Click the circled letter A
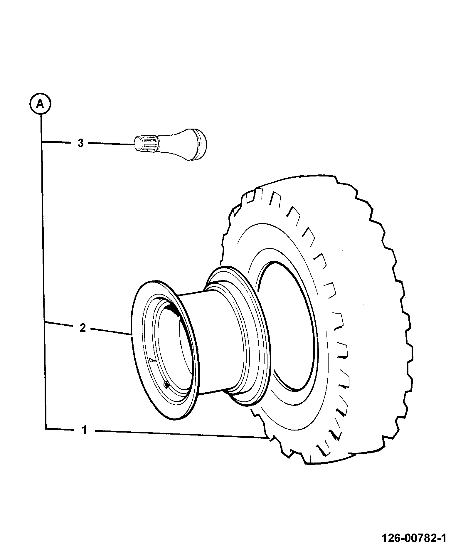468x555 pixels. [x=40, y=104]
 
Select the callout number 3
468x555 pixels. [x=81, y=143]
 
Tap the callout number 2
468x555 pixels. [x=83, y=328]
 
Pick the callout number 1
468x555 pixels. [x=85, y=430]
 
